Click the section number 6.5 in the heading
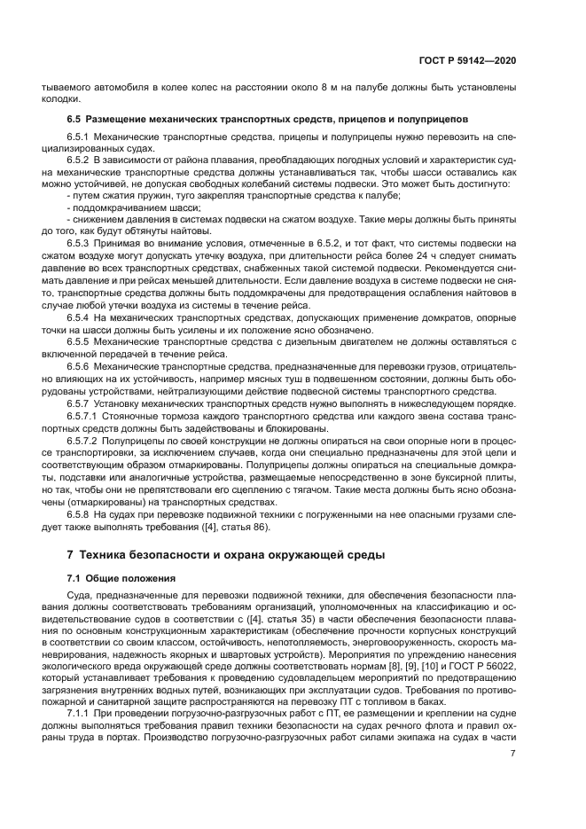(74, 118)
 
